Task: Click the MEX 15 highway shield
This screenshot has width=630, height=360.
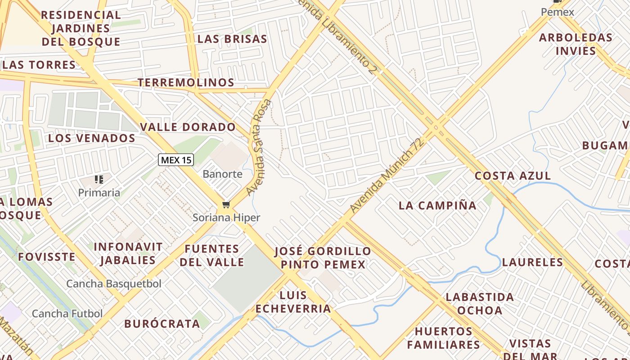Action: coord(176,160)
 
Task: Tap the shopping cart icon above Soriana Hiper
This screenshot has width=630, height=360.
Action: coord(226,205)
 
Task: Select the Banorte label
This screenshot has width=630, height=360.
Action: coord(222,174)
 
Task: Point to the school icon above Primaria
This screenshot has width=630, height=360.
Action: coord(99,180)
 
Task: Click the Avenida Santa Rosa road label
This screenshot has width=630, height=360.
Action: coord(259,147)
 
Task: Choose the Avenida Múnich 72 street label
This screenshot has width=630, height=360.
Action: coord(387,176)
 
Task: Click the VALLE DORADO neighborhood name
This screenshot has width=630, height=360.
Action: coord(188,127)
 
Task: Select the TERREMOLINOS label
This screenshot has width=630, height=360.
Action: coord(186,82)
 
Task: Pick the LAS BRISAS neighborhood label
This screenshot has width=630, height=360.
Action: coord(232,39)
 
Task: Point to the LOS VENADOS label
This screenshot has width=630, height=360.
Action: coord(92,138)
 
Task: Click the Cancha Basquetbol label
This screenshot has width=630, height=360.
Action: coord(114,284)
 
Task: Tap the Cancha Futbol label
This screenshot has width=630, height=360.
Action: coord(67,314)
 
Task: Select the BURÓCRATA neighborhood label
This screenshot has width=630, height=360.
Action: coord(162,324)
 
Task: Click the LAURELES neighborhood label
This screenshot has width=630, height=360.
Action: coord(532,262)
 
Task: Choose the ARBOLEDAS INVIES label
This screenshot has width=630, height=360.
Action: coord(576,44)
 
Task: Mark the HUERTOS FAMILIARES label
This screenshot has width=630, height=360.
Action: coord(444,338)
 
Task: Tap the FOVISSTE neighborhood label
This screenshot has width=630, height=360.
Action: coord(46,257)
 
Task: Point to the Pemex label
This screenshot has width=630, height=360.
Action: coord(558,12)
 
